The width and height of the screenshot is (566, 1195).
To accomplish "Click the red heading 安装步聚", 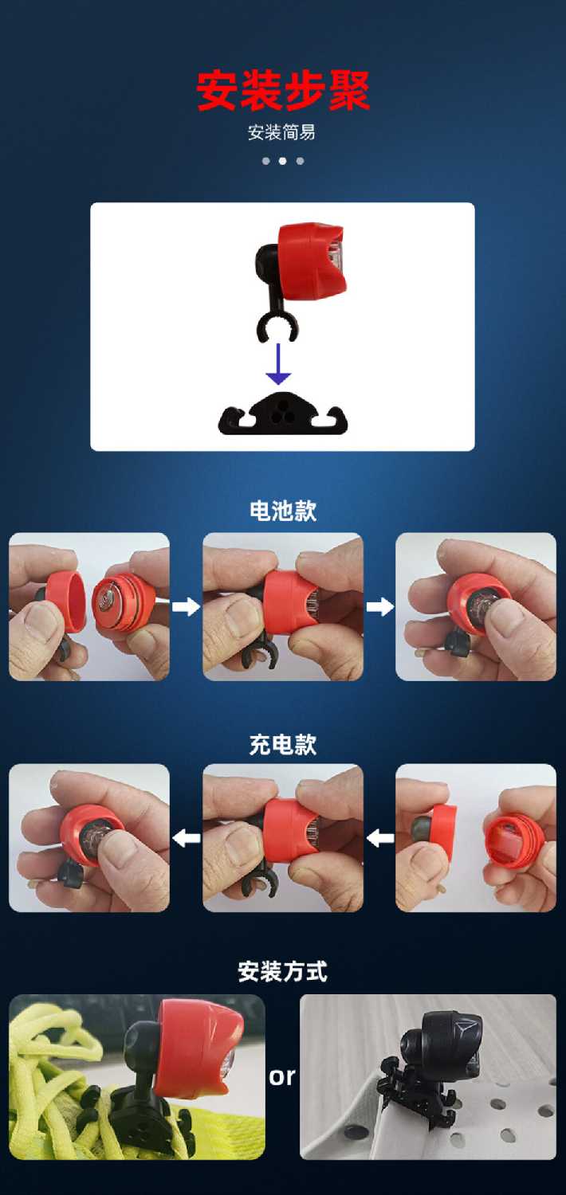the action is tap(283, 91).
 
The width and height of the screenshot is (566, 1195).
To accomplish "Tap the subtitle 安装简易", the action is tap(281, 132).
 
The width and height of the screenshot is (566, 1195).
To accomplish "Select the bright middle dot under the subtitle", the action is tap(282, 161).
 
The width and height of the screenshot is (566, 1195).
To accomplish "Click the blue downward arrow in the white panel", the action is tap(278, 364).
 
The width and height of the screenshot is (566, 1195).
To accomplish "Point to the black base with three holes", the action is tap(282, 414).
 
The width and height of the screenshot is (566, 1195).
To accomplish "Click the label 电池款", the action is tap(283, 511).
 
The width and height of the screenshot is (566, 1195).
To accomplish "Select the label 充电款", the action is tap(283, 745).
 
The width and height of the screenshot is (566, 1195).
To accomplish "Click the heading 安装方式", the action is tap(282, 971).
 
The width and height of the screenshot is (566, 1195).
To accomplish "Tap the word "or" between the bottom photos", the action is tap(282, 1076).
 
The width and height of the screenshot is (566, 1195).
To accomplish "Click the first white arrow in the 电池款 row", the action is tap(186, 606).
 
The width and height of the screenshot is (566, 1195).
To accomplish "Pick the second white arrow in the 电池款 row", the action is tap(379, 606).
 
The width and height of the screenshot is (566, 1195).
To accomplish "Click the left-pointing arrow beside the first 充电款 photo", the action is tap(187, 838).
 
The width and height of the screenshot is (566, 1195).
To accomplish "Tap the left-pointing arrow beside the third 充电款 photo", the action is tap(380, 838).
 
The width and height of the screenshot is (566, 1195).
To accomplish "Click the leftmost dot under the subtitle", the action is tap(266, 161).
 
